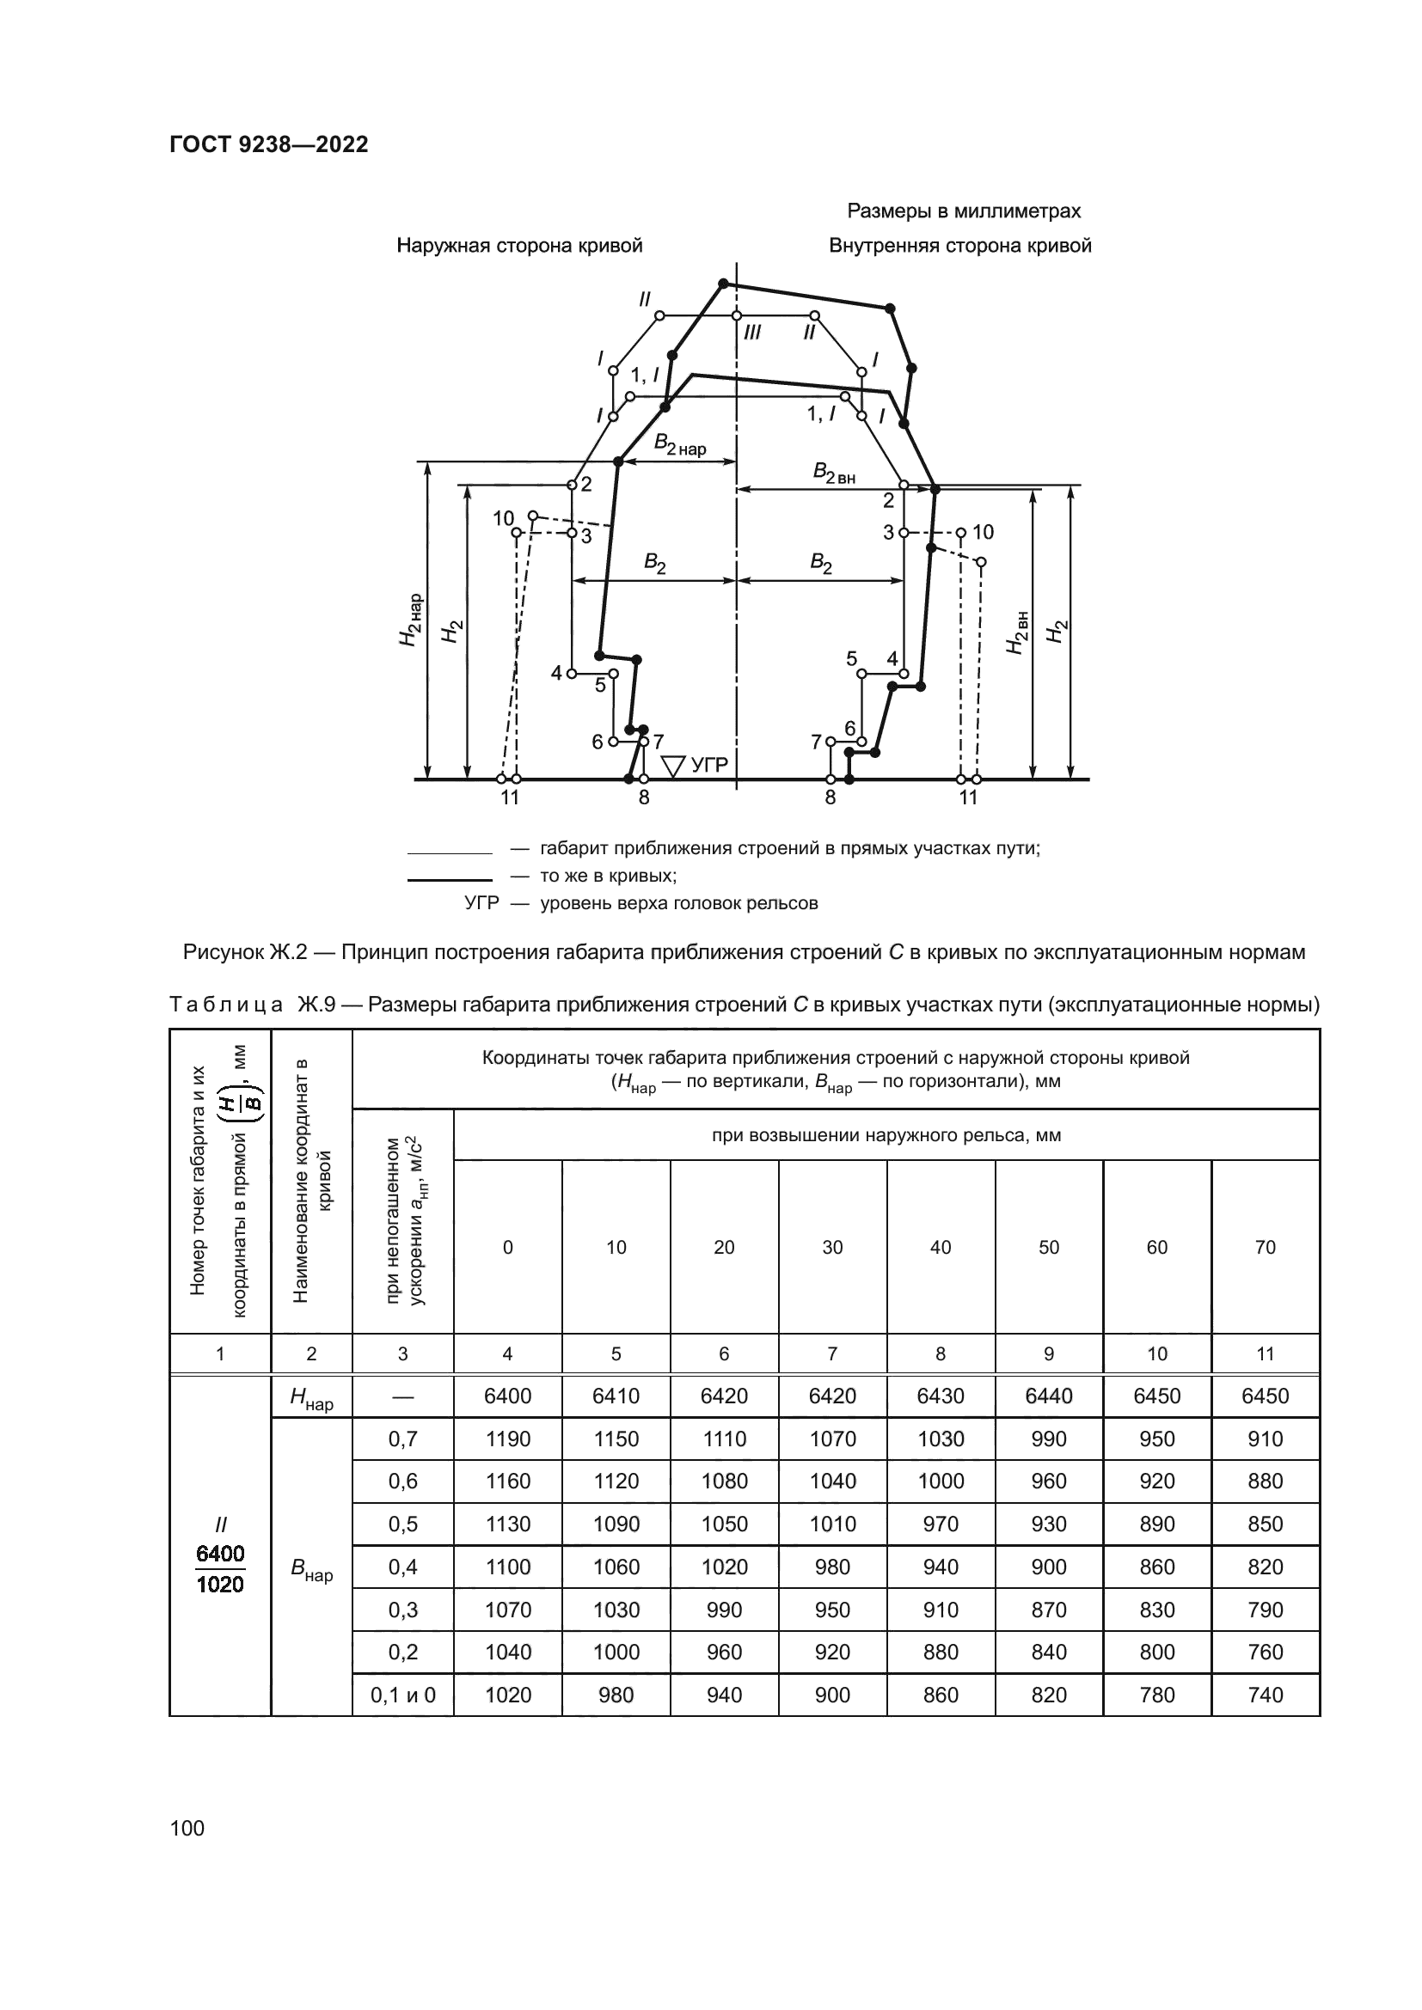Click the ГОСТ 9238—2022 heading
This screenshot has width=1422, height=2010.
(269, 145)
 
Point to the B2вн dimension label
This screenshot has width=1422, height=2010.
(834, 473)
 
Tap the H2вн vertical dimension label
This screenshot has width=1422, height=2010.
(1016, 632)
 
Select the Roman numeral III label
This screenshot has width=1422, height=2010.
(751, 333)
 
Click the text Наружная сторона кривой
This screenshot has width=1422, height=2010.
(519, 246)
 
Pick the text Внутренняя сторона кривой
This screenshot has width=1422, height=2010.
(959, 246)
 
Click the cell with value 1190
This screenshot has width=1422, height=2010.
(508, 1439)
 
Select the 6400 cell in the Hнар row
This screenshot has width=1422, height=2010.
(508, 1396)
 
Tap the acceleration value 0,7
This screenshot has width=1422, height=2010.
(402, 1439)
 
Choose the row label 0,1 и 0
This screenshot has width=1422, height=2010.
(402, 1695)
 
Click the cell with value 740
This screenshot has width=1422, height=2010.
(1266, 1695)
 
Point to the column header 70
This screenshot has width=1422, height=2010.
(1266, 1248)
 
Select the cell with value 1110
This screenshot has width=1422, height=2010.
(724, 1439)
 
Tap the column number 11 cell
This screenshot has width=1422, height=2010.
(1266, 1353)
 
